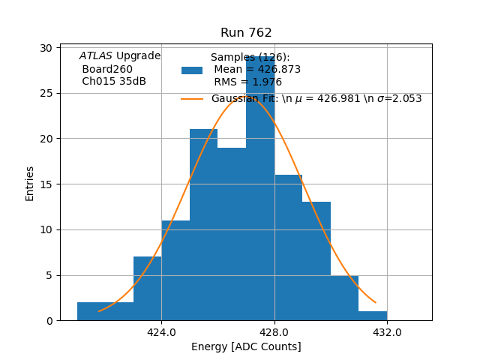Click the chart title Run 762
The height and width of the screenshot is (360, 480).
click(x=246, y=33)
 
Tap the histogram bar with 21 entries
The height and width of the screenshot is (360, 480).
click(x=203, y=225)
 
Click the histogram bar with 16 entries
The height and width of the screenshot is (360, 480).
click(x=288, y=247)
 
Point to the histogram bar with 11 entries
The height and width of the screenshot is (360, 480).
click(x=175, y=270)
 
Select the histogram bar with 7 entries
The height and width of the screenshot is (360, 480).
click(x=147, y=289)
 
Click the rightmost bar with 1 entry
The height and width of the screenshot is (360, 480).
click(x=373, y=316)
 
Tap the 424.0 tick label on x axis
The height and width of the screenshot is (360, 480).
click(x=161, y=333)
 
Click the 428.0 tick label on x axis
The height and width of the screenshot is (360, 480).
click(x=274, y=333)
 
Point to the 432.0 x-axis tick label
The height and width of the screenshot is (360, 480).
click(x=387, y=333)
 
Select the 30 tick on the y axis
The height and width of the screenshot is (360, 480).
click(x=46, y=48)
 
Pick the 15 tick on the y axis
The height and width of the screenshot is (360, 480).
click(x=46, y=184)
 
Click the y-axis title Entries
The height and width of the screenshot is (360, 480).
click(x=30, y=183)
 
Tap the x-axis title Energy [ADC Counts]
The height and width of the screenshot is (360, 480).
click(x=246, y=346)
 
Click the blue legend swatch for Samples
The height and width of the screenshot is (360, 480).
click(x=192, y=70)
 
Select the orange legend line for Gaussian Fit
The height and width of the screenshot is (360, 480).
click(x=192, y=98)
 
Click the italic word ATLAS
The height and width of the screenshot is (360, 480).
click(x=96, y=56)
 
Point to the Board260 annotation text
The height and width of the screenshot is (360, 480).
click(x=107, y=69)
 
